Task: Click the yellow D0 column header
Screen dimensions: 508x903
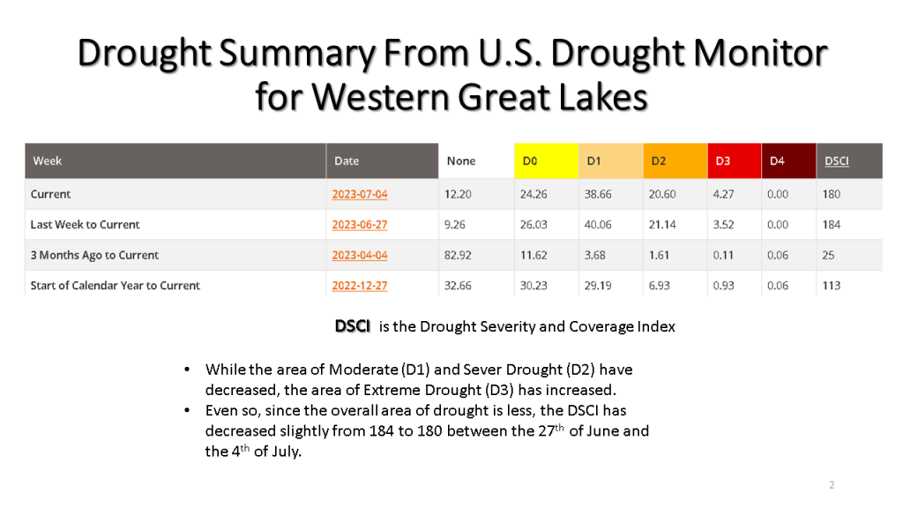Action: coord(529,161)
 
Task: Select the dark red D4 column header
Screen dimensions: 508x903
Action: coord(777,161)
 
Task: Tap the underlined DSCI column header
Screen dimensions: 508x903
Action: coord(836,161)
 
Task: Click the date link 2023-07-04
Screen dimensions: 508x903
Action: coord(359,194)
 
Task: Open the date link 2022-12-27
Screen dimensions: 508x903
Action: coord(359,286)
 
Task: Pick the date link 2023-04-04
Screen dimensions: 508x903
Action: coord(359,255)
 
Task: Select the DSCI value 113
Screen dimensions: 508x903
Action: coord(831,286)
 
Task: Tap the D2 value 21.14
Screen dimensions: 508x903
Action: coord(663,225)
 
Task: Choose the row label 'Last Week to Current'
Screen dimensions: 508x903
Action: coord(85,225)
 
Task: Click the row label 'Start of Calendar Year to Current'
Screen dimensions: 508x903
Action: coord(115,286)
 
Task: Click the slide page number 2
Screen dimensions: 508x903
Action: coord(832,485)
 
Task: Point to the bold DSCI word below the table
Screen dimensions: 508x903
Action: coord(353,326)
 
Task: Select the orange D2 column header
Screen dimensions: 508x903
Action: coord(659,161)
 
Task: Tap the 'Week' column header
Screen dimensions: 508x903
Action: coord(48,161)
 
